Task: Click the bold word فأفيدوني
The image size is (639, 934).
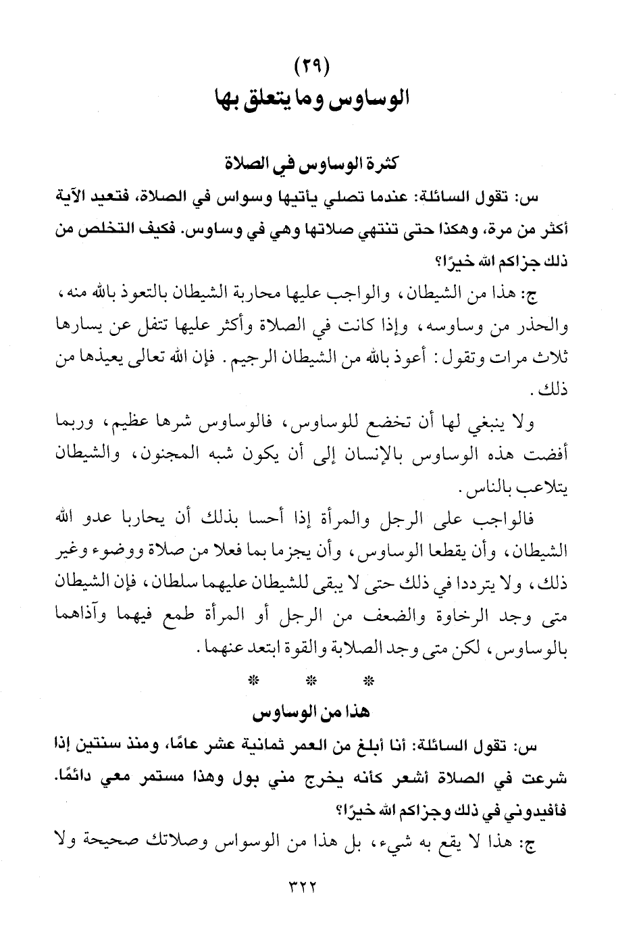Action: point(533,810)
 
